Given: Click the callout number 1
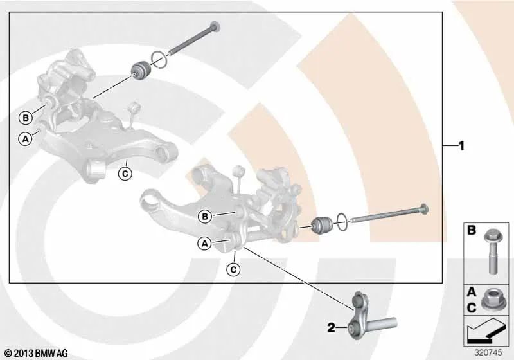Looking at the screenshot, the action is pyautogui.click(x=461, y=145).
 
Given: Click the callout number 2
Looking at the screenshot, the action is pyautogui.click(x=332, y=327).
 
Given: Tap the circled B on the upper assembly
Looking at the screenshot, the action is pyautogui.click(x=26, y=118).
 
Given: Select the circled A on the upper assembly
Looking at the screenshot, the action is pyautogui.click(x=25, y=139).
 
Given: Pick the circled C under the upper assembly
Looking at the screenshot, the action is pyautogui.click(x=125, y=174).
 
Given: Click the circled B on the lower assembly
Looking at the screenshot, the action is pyautogui.click(x=205, y=217).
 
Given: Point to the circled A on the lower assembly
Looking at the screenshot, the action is pyautogui.click(x=204, y=244).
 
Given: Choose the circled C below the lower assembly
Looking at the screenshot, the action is pyautogui.click(x=233, y=269).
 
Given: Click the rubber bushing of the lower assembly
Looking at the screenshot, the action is pyautogui.click(x=323, y=225).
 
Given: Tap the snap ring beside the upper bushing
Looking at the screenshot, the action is pyautogui.click(x=159, y=61).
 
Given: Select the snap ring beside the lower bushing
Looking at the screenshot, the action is pyautogui.click(x=342, y=221).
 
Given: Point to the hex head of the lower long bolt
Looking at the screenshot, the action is pyautogui.click(x=423, y=209).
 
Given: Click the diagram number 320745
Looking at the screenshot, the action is pyautogui.click(x=488, y=352).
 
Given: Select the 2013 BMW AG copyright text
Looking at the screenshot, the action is pyautogui.click(x=37, y=354).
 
